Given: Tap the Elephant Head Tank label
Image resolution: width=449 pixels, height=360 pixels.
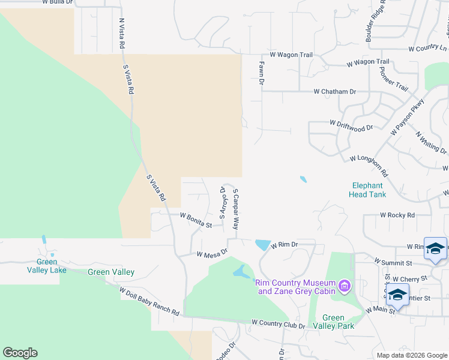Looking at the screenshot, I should click(x=367, y=190).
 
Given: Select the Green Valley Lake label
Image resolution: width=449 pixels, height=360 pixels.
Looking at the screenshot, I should click(x=47, y=266).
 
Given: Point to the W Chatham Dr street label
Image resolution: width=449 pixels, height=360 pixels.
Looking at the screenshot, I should click(x=334, y=92).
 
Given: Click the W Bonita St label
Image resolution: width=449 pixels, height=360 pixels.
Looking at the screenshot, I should click(x=196, y=220).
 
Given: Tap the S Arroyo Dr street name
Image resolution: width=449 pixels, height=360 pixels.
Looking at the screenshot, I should click(x=222, y=202).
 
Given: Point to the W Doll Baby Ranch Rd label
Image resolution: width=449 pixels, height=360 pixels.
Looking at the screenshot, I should click(x=149, y=302).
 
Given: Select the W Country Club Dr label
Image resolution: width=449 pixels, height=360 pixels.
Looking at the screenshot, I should click(x=279, y=323).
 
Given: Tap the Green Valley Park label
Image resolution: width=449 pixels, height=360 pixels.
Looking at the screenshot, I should click(x=333, y=322).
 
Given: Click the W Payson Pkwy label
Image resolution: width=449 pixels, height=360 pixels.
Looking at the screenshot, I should click(x=408, y=116).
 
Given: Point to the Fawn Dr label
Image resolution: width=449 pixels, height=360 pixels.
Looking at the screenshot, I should click(x=261, y=71).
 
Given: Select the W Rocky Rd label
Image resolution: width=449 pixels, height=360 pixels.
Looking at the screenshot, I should click(x=397, y=215).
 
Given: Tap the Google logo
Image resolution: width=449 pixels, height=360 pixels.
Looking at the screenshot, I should click(x=20, y=353).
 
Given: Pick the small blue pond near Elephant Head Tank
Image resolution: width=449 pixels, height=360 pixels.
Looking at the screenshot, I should click(x=303, y=179).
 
